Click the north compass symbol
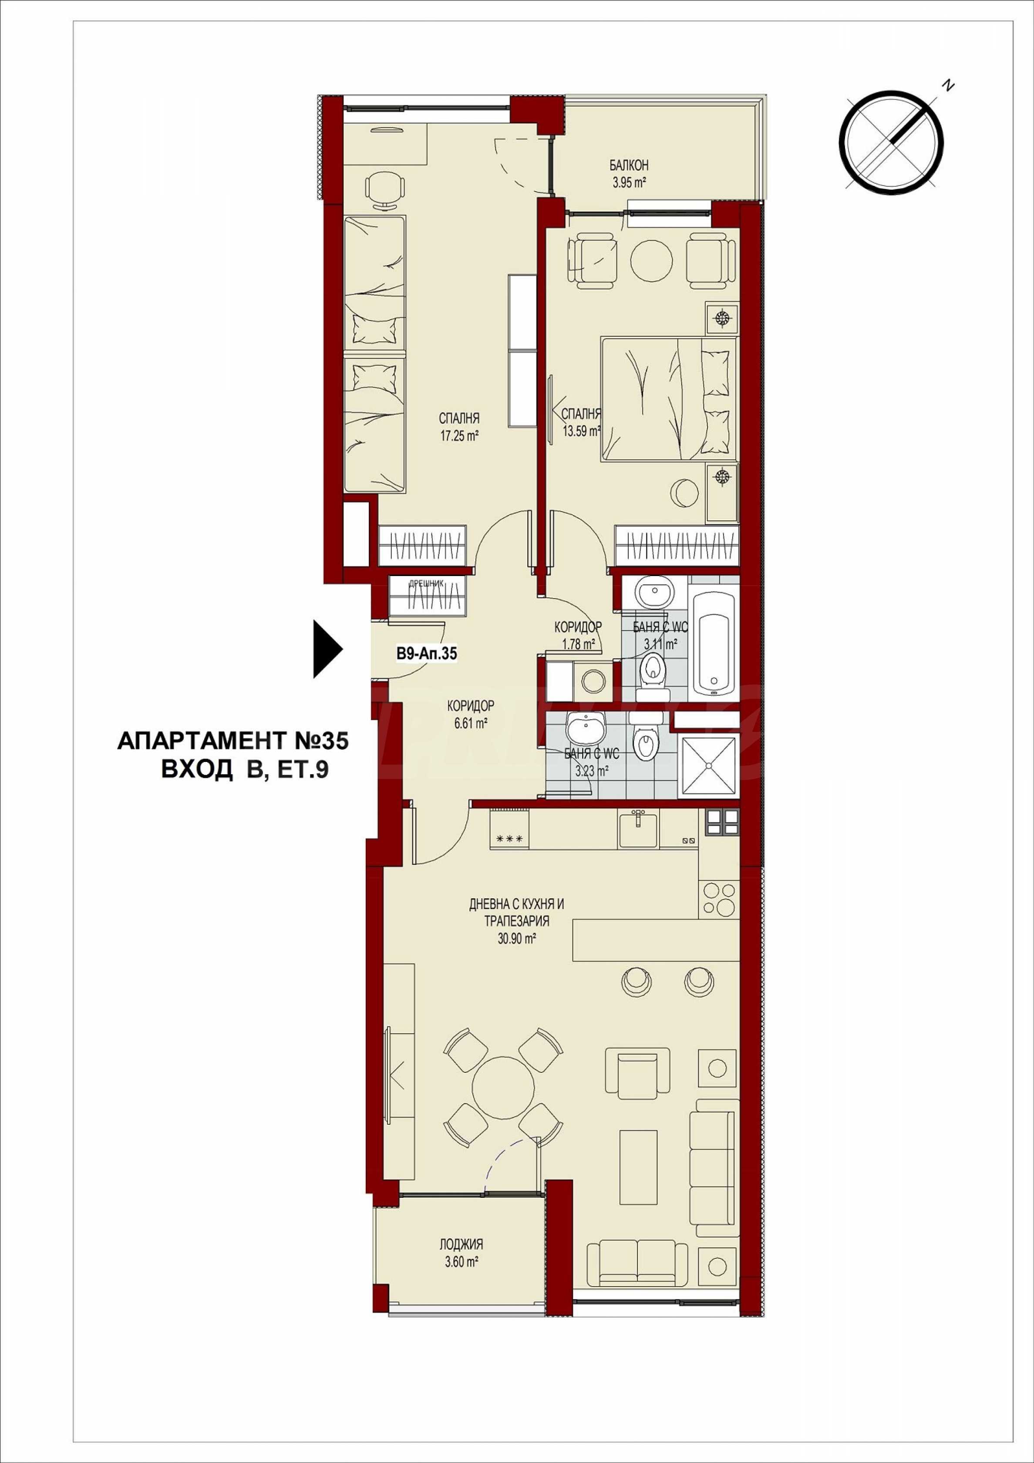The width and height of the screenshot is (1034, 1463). click(890, 141)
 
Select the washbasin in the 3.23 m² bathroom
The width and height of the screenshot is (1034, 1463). click(583, 726)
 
